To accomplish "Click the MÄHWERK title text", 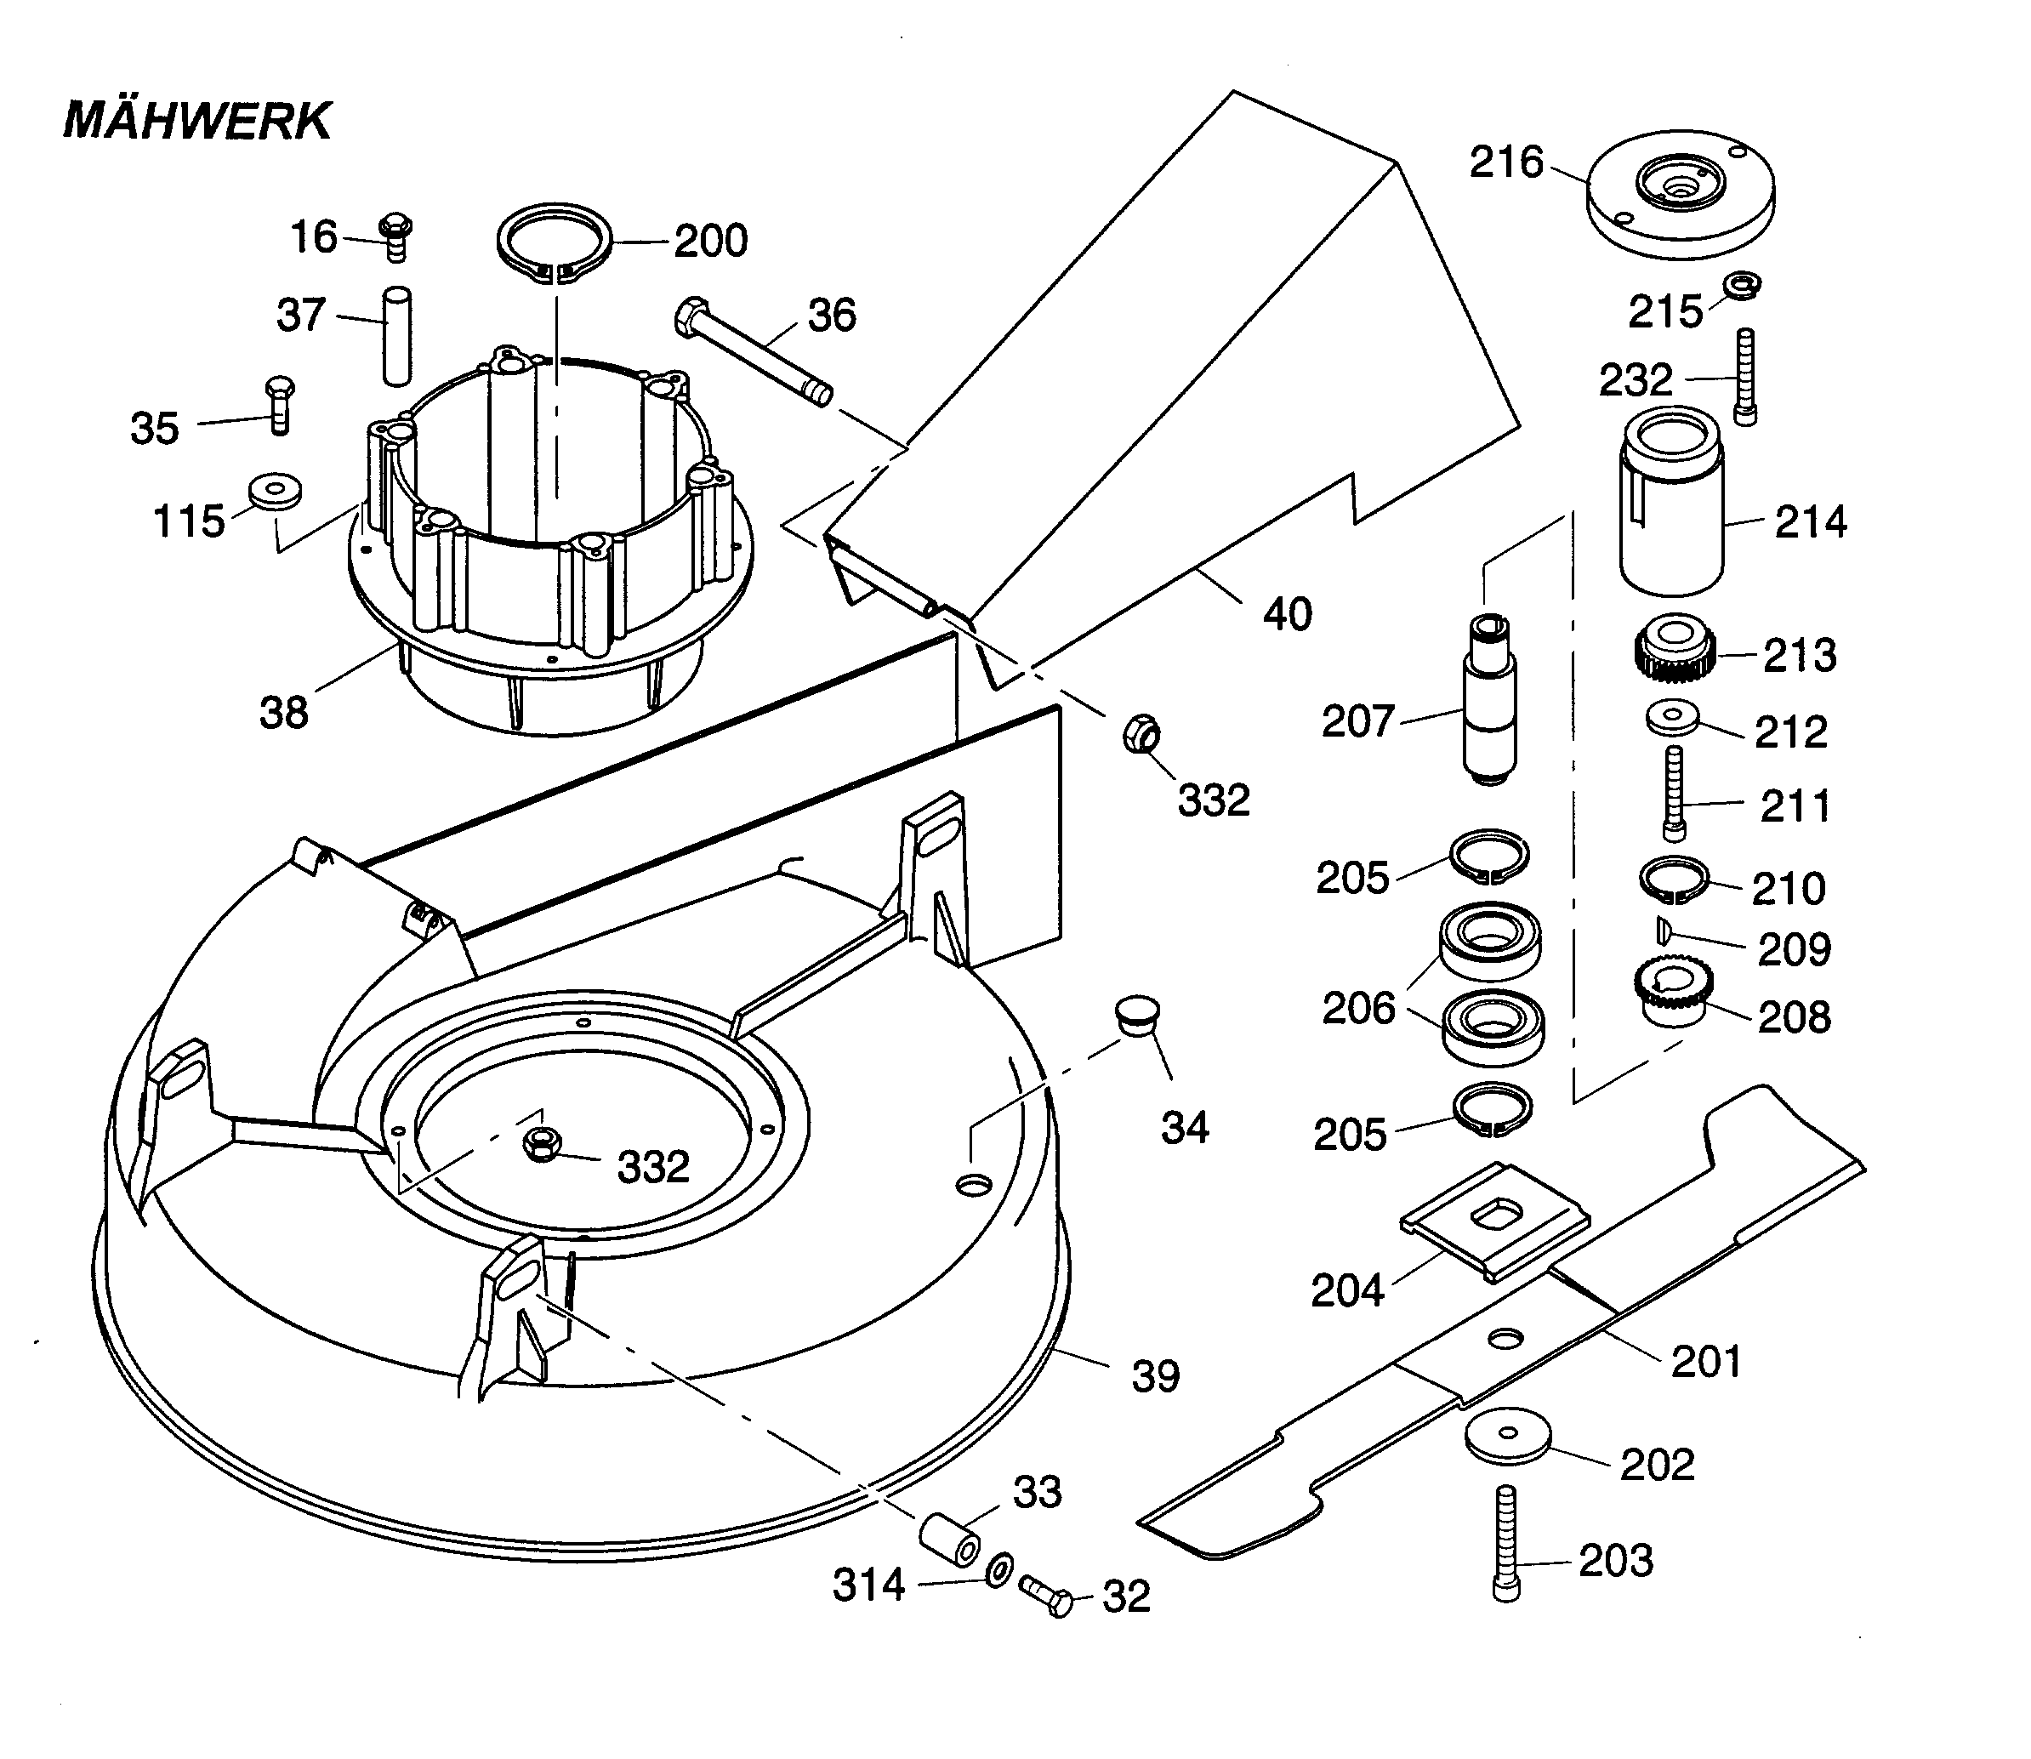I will point(197,122).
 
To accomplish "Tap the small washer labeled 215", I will point(1743,286).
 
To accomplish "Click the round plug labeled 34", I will point(1138,1014).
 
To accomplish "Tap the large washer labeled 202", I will point(1509,1438).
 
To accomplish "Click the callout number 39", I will point(1155,1377).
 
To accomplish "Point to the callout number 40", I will point(1287,614).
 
